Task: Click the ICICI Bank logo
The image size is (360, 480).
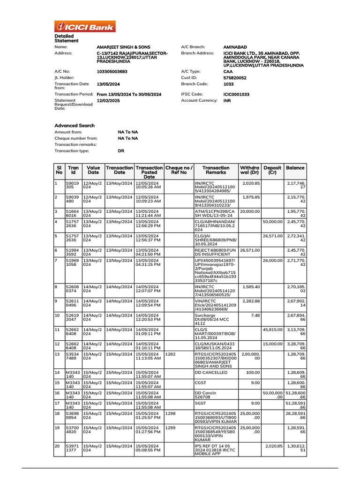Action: [x=85, y=27]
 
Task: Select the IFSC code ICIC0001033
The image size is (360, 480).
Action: [x=236, y=94]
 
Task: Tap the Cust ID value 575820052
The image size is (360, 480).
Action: [x=235, y=78]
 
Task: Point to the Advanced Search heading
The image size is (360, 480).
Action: [x=75, y=126]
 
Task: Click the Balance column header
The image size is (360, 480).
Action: [x=295, y=168]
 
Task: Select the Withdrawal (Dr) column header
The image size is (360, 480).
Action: [x=249, y=171]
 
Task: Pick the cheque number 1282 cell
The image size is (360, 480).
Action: [x=171, y=354]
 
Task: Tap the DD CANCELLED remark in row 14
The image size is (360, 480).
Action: [x=211, y=373]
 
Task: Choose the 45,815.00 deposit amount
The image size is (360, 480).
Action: [x=272, y=330]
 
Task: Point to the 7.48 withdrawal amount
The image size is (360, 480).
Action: [x=255, y=315]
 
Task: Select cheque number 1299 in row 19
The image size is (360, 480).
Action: [x=171, y=428]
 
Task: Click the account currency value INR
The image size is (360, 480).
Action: [x=227, y=101]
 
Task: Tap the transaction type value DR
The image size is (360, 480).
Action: [x=121, y=151]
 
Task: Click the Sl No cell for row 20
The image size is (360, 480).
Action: [x=57, y=446]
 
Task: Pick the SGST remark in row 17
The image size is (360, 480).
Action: [x=201, y=402]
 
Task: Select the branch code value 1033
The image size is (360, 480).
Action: [x=229, y=84]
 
